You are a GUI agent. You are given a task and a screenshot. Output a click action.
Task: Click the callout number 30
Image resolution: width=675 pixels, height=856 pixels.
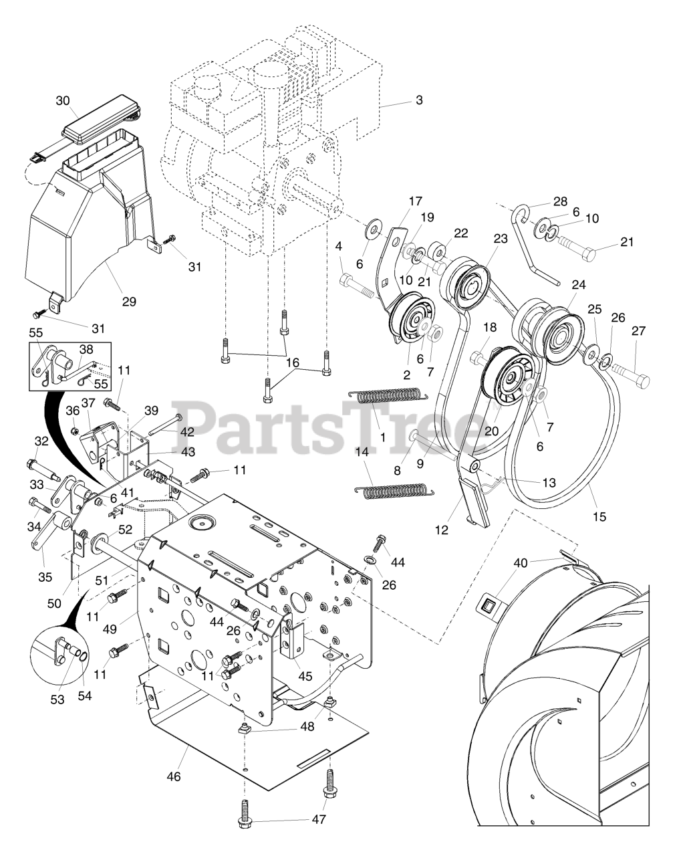click(x=62, y=101)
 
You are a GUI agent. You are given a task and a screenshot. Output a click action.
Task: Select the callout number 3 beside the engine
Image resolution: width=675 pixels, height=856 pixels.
click(x=419, y=100)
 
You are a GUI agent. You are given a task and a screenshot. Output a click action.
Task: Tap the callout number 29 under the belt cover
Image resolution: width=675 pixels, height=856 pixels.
click(x=129, y=302)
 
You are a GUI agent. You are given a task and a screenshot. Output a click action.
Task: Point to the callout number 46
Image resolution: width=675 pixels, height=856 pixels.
click(x=174, y=776)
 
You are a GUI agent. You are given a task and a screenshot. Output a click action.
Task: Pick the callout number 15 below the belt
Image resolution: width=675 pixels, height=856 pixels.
click(x=599, y=516)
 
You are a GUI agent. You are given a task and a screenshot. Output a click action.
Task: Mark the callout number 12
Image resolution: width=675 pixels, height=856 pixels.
click(x=442, y=530)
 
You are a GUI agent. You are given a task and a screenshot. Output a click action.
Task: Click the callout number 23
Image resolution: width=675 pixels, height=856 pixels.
click(x=501, y=239)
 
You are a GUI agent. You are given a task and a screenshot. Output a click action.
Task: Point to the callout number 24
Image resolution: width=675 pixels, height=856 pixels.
click(x=579, y=285)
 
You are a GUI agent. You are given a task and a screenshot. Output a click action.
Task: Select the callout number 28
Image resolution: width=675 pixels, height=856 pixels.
click(x=561, y=202)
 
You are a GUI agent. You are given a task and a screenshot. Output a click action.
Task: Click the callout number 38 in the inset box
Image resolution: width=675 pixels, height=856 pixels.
click(x=86, y=349)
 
